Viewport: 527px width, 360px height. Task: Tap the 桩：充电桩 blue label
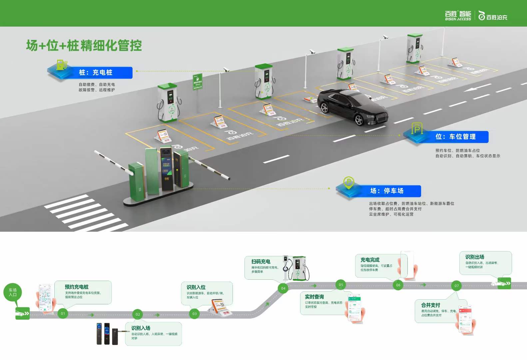95,73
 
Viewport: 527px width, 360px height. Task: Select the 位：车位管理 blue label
455,137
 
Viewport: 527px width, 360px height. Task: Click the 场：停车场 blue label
386,191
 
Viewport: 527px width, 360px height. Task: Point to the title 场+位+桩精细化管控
84,46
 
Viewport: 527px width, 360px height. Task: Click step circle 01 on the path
63,313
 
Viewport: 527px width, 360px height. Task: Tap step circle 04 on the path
283,288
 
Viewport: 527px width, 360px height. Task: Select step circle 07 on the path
456,286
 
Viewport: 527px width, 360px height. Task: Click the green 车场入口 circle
13,292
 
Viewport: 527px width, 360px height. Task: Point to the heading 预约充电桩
77,287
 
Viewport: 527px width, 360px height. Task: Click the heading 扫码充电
261,262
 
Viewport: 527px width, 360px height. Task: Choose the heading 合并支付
430,305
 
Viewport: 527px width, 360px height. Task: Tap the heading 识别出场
474,257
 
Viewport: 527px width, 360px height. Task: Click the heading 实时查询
314,297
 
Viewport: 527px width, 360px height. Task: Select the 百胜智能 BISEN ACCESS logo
458,16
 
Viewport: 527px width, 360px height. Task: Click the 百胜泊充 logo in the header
493,16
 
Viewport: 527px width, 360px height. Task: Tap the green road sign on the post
198,81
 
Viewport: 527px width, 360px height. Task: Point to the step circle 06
398,285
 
